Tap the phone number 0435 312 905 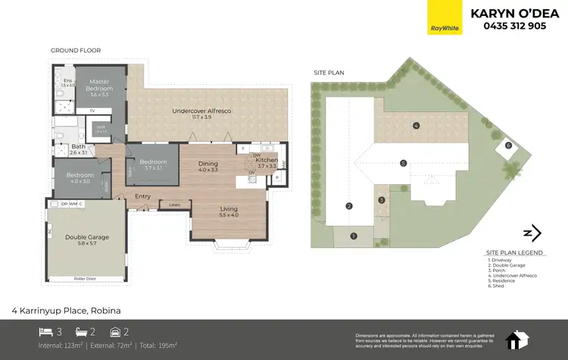[514, 26]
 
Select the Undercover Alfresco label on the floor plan [201, 111]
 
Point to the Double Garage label [86, 236]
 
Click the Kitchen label [265, 161]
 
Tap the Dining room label [208, 164]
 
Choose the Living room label [228, 209]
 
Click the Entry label [142, 197]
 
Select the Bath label [79, 149]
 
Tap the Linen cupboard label [174, 205]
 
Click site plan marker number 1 [353, 236]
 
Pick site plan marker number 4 [416, 125]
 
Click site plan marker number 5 [404, 162]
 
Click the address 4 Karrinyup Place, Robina [66, 310]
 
